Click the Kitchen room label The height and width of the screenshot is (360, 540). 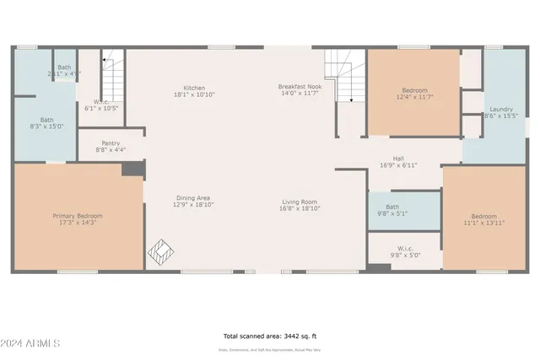pyautogui.click(x=194, y=88)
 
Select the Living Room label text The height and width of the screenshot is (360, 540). pyautogui.click(x=300, y=201)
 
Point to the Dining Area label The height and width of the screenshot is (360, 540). pyautogui.click(x=192, y=198)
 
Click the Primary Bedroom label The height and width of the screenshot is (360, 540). pyautogui.click(x=78, y=217)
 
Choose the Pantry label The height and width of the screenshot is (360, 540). pyautogui.click(x=111, y=143)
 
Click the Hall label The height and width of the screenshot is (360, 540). pyautogui.click(x=398, y=159)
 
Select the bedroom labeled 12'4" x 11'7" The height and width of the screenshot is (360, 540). pyautogui.click(x=414, y=91)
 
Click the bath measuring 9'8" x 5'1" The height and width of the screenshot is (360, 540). pyautogui.click(x=392, y=207)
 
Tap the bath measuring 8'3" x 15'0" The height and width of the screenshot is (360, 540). pyautogui.click(x=46, y=120)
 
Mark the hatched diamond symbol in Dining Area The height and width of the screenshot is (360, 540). pyautogui.click(x=159, y=250)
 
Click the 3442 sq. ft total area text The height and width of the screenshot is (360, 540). pyautogui.click(x=269, y=336)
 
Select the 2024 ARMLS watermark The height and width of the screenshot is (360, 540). pyautogui.click(x=31, y=345)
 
